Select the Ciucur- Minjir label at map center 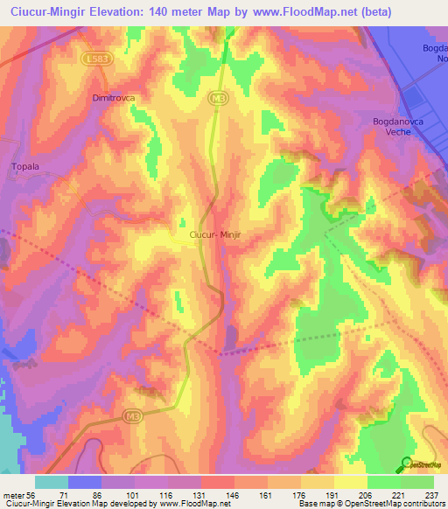point(219,234)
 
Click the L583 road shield point(100,58)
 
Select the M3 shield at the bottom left point(133,414)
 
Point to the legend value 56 point(31,495)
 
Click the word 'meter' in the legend point(14,495)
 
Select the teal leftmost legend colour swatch point(51,482)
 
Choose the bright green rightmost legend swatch point(417,482)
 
